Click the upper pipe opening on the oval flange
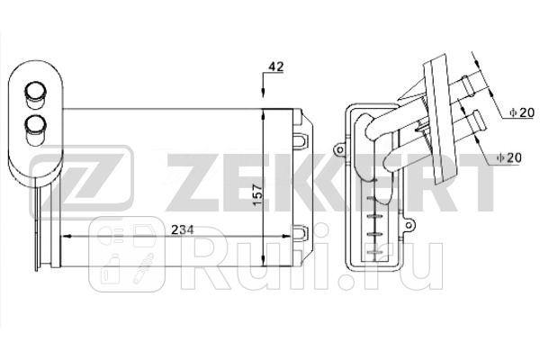(x=37, y=90)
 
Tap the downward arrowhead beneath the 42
(x=262, y=97)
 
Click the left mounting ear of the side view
(x=339, y=144)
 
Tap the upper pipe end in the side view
(x=470, y=86)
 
